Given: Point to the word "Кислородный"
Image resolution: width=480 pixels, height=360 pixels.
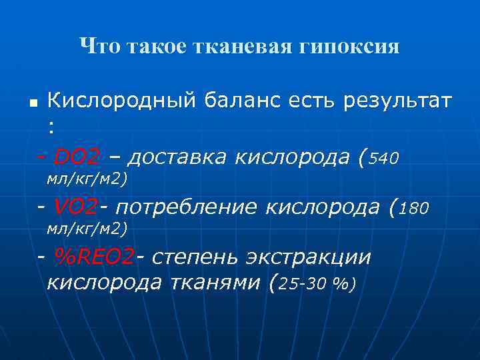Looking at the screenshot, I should coord(122,102).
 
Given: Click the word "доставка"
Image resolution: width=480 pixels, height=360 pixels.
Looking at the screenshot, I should coord(174,157).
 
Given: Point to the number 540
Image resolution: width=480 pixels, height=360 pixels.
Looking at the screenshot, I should coord(383,159).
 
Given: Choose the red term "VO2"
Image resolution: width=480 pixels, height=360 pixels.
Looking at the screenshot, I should coord(76,207).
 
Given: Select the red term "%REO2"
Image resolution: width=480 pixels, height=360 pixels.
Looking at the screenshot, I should coord(94,257).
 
